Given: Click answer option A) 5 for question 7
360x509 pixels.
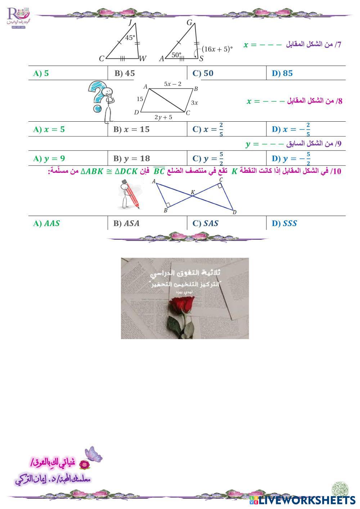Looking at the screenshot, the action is pos(41,73).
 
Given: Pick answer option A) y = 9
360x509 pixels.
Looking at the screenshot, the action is pos(49,158).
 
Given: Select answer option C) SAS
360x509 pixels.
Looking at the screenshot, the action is pos(206,224).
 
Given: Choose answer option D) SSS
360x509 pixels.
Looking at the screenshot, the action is pos(284,224).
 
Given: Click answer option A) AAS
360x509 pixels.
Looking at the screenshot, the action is pos(46,224).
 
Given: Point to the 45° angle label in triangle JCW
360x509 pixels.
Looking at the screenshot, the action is pos(130,37).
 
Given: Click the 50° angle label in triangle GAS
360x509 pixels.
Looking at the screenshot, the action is pos(176,55).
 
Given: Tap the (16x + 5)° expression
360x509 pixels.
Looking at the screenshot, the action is pos(217,49).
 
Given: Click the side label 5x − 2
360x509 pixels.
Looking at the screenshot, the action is pos(173,84).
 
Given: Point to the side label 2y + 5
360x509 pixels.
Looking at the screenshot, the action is pos(163,117).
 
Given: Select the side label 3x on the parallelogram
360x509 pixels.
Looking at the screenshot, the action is pos(194,103).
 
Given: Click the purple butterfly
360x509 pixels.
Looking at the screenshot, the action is pos(93,454).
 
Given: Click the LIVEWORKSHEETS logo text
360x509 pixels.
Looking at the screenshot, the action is pos(306,500).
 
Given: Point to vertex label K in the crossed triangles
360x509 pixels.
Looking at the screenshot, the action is pos(193,193).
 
